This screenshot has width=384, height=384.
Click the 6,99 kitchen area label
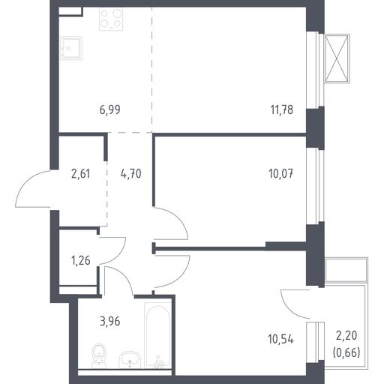click(x=110, y=109)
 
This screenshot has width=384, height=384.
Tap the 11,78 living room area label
click(x=282, y=109)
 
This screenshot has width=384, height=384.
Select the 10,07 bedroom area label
click(x=281, y=174)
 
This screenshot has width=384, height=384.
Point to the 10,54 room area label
click(x=280, y=339)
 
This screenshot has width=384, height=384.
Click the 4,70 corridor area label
click(x=131, y=174)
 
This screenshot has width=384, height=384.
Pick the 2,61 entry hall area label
click(x=80, y=174)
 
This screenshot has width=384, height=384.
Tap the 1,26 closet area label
click(x=81, y=261)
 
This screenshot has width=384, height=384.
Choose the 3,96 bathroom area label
click(x=110, y=322)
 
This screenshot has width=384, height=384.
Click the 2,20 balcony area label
click(x=346, y=336)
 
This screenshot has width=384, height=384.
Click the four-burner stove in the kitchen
click(x=111, y=19)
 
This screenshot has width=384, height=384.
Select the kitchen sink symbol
click(x=71, y=48)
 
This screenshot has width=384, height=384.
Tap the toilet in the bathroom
click(x=99, y=355)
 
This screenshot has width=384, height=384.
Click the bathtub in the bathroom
click(x=158, y=335)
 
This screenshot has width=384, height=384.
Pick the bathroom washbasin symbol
click(x=130, y=359)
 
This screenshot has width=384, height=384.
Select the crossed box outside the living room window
click(x=337, y=58)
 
